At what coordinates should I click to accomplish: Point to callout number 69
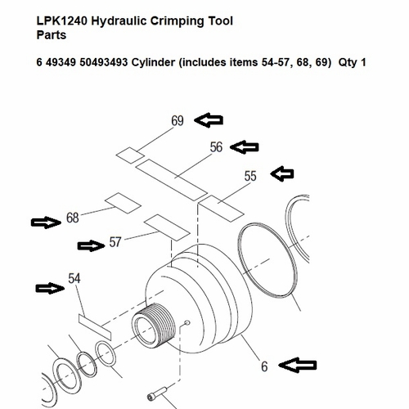(178, 122)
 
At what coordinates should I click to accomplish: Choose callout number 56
(216, 147)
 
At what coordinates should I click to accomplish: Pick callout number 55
(251, 175)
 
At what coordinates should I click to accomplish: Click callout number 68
(73, 218)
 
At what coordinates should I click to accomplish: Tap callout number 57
(115, 243)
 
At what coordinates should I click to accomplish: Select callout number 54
(75, 280)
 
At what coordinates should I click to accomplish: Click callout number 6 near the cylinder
(264, 367)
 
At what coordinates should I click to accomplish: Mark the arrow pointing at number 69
(208, 121)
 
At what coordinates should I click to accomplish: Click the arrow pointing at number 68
(45, 221)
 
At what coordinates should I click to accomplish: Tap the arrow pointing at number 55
(282, 173)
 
